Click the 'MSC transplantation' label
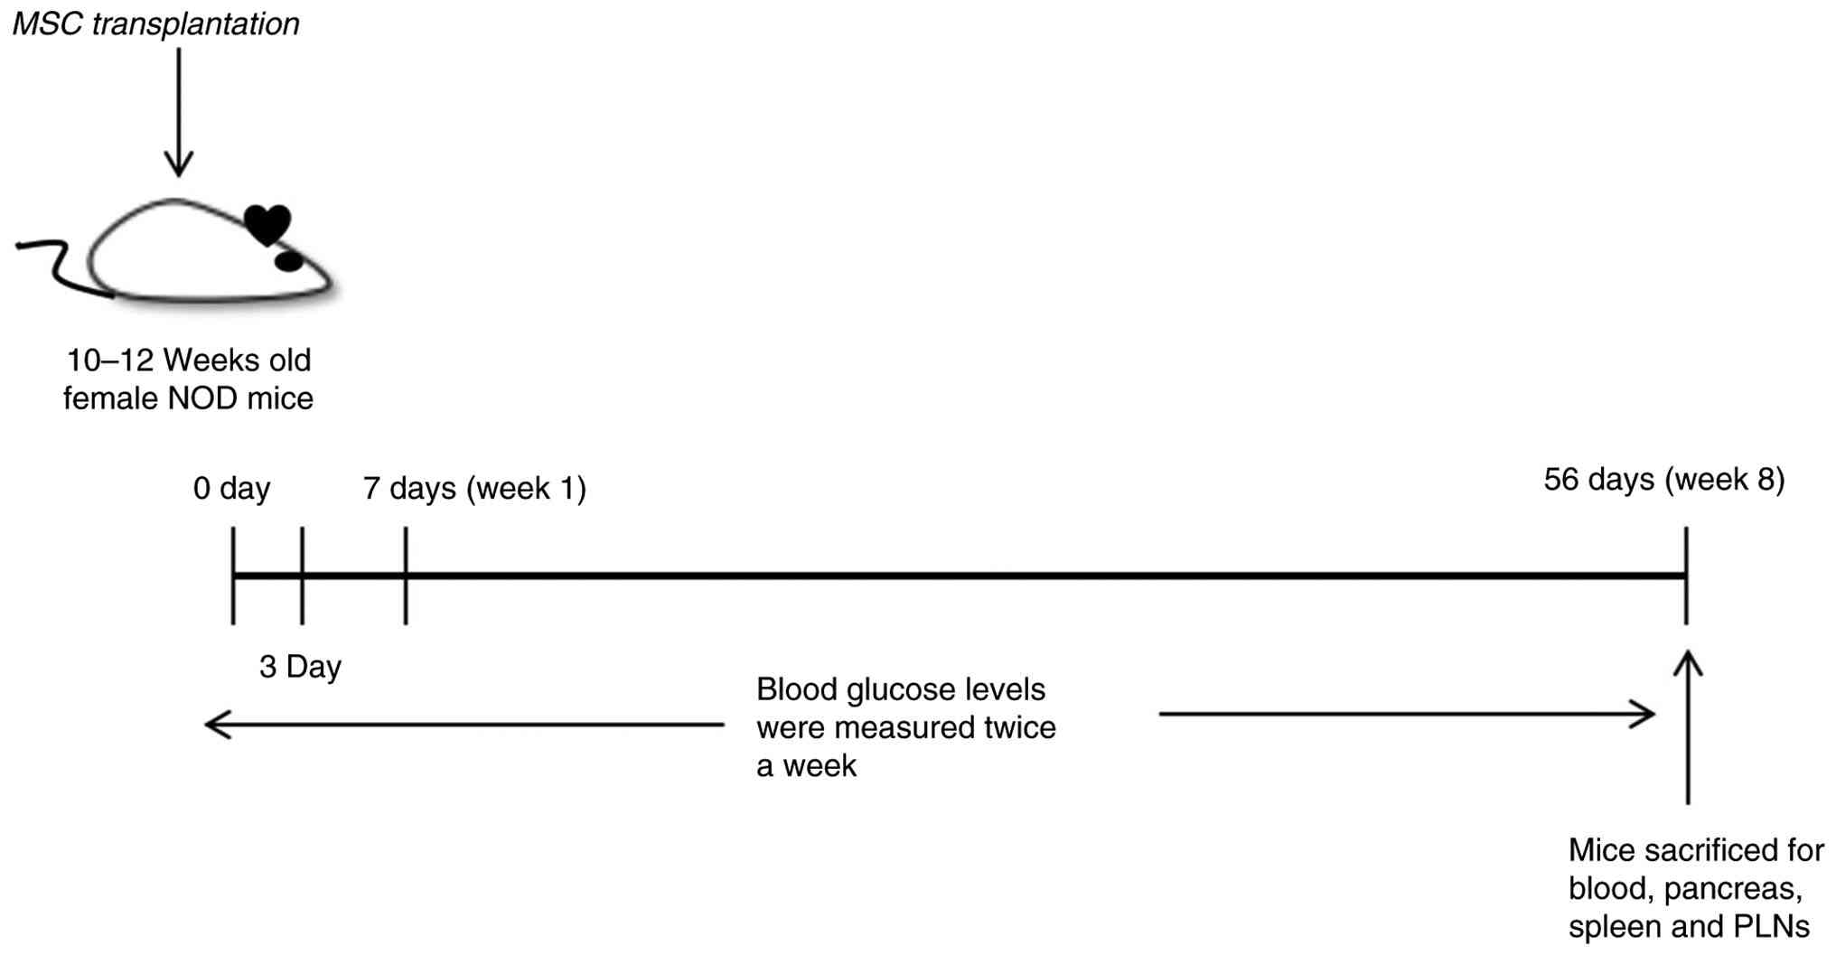pos(155,23)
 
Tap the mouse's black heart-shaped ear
pos(269,223)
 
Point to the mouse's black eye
pos(288,261)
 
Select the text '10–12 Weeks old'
pos(189,360)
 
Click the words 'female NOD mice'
pos(188,398)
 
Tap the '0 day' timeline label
pos(231,489)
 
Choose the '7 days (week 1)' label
pos(474,489)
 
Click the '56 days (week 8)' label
pos(1663,480)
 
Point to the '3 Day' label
pos(300,667)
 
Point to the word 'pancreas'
pos(1733,889)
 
